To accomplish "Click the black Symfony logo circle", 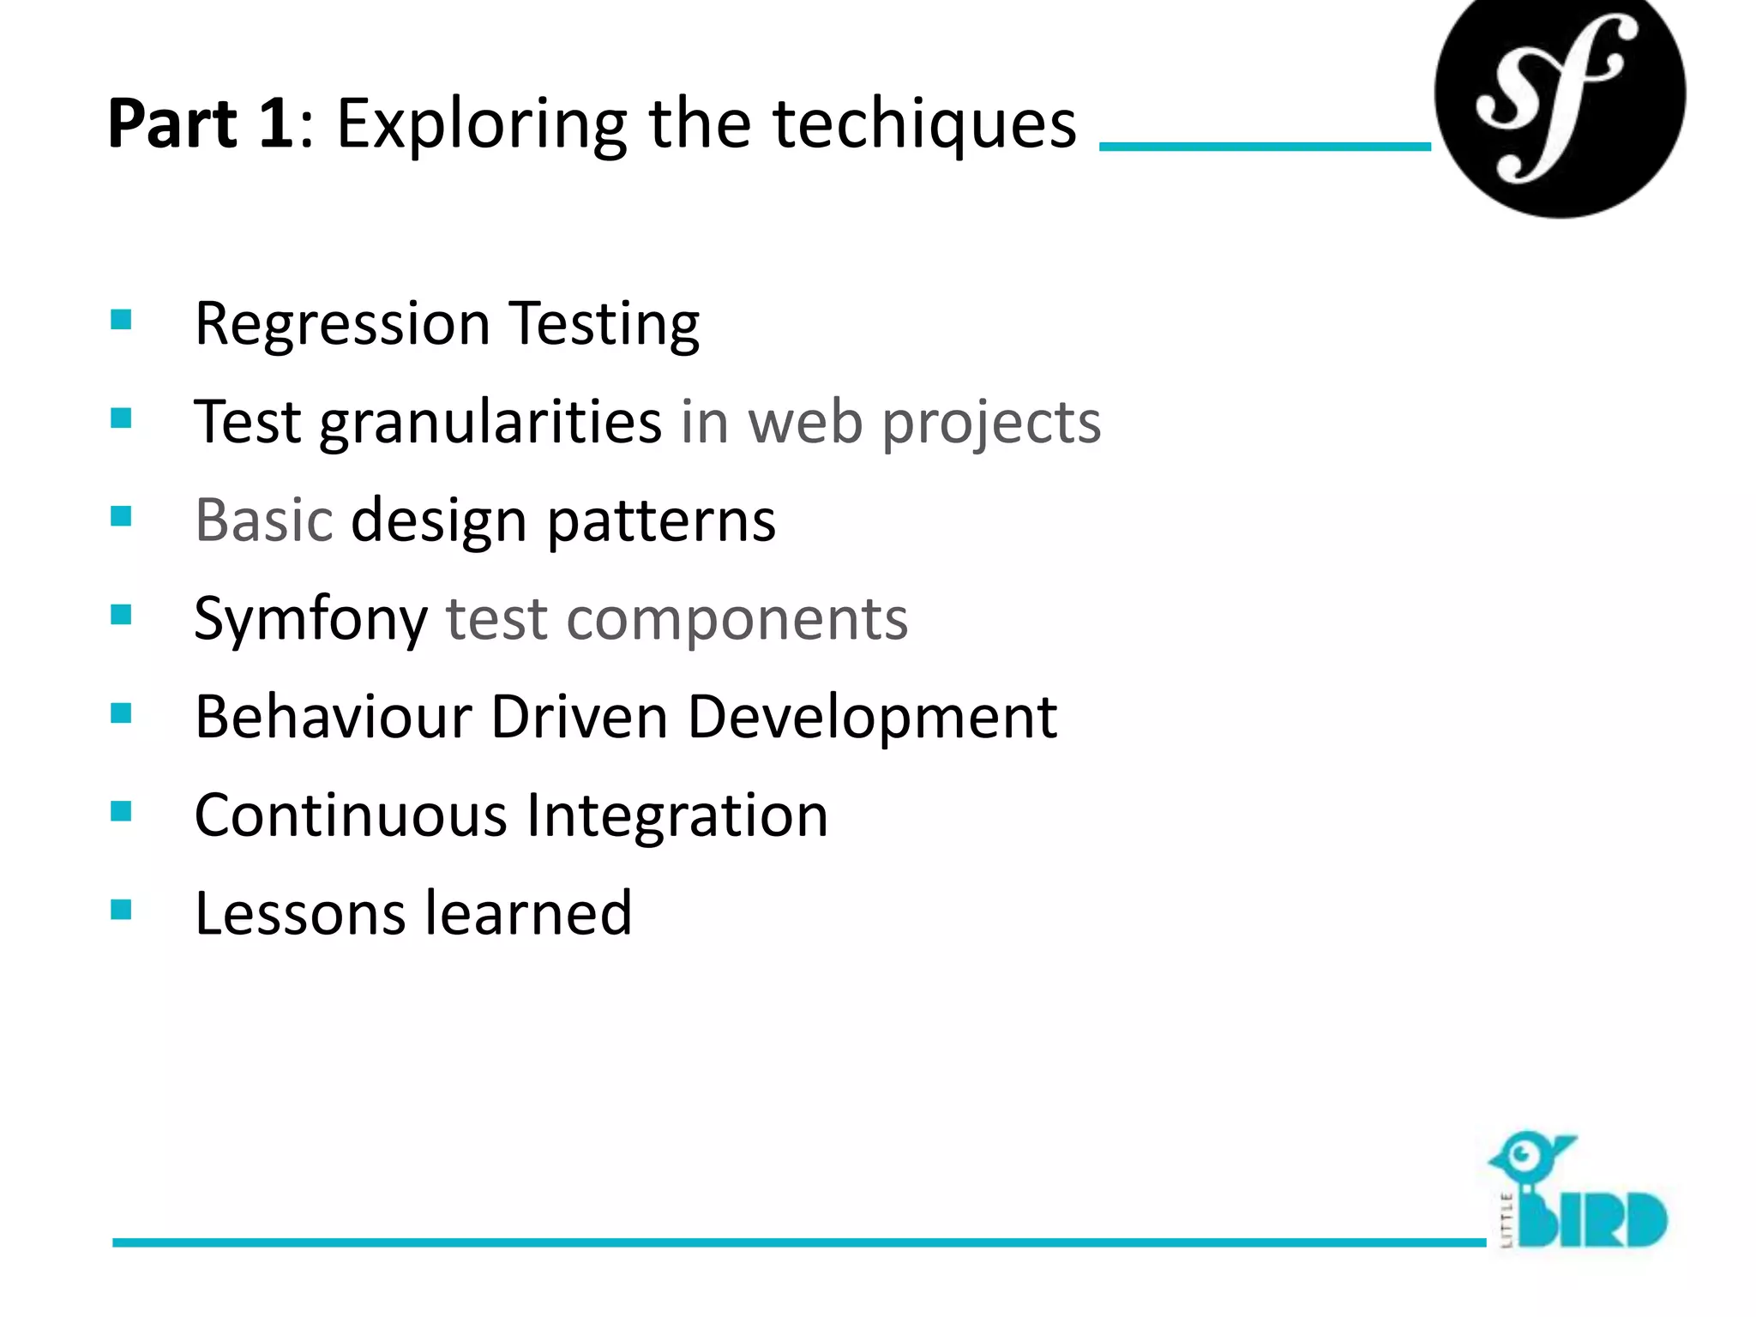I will [x=1559, y=94].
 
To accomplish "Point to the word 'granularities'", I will [x=490, y=424].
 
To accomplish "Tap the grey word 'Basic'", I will [x=263, y=520].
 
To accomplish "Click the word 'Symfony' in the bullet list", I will [x=310, y=620].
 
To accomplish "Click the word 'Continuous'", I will [x=351, y=815].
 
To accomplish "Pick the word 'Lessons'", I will [x=300, y=913].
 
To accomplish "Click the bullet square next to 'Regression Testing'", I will [x=121, y=320].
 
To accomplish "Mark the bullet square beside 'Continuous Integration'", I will [x=121, y=811].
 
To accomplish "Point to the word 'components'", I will [x=737, y=620].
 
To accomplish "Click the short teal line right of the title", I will [x=1265, y=147].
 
